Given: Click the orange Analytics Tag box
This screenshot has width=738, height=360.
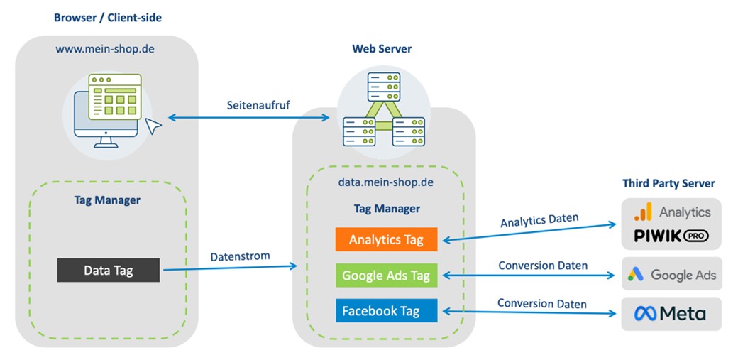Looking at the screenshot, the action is click(387, 239).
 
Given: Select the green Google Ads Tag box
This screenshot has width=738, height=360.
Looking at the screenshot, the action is click(387, 276).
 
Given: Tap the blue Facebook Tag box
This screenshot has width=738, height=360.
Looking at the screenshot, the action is click(387, 310).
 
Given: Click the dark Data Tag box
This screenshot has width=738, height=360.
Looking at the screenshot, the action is click(109, 270).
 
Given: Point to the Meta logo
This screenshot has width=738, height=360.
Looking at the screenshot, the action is click(670, 313).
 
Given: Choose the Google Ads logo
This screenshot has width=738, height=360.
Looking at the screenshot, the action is click(671, 274).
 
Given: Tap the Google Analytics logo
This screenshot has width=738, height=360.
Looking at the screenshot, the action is click(672, 212).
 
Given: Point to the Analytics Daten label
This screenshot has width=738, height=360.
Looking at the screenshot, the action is click(539, 220).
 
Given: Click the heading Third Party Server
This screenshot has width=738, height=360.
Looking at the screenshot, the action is click(668, 183).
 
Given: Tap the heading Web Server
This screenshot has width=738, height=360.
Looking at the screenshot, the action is click(382, 49).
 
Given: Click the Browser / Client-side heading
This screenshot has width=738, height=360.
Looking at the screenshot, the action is click(108, 18).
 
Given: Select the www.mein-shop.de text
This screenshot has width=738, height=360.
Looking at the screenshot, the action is click(104, 48).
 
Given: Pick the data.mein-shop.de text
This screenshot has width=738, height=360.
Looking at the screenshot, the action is click(386, 181).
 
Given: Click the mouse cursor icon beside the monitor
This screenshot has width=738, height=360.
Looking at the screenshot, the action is click(153, 126).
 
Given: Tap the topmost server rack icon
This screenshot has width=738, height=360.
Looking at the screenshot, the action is click(384, 87).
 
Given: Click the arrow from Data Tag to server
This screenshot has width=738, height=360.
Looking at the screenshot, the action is click(230, 268).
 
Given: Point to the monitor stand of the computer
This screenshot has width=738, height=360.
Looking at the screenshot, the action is click(106, 142).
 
